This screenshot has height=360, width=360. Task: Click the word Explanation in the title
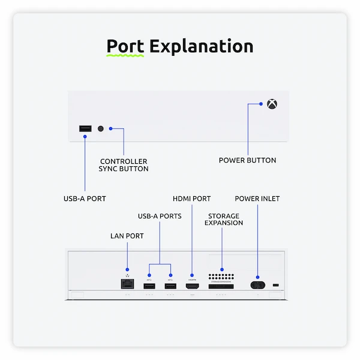pyautogui.click(x=201, y=47)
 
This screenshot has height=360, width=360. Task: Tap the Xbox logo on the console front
pyautogui.click(x=272, y=104)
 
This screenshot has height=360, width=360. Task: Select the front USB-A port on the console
pyautogui.click(x=85, y=128)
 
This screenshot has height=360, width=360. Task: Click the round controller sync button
pyautogui.click(x=100, y=128)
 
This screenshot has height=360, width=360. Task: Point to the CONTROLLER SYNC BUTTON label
pyautogui.click(x=124, y=165)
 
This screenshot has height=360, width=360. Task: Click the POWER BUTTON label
pyautogui.click(x=247, y=160)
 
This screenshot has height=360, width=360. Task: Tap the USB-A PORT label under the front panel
pyautogui.click(x=85, y=198)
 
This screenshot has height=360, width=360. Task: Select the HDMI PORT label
pyautogui.click(x=191, y=199)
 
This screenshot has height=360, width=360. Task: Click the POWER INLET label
pyautogui.click(x=257, y=199)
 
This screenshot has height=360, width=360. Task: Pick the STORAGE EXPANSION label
pyautogui.click(x=223, y=219)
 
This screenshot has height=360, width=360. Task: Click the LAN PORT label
pyautogui.click(x=127, y=236)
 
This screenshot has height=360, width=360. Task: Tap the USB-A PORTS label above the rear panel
pyautogui.click(x=160, y=216)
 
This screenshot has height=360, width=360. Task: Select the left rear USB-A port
pyautogui.click(x=149, y=286)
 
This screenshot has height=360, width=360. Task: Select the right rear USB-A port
pyautogui.click(x=170, y=286)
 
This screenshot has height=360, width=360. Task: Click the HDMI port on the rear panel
pyautogui.click(x=192, y=286)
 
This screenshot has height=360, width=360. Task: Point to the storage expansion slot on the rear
pyautogui.click(x=221, y=287)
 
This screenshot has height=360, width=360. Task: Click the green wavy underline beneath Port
pyautogui.click(x=125, y=55)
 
